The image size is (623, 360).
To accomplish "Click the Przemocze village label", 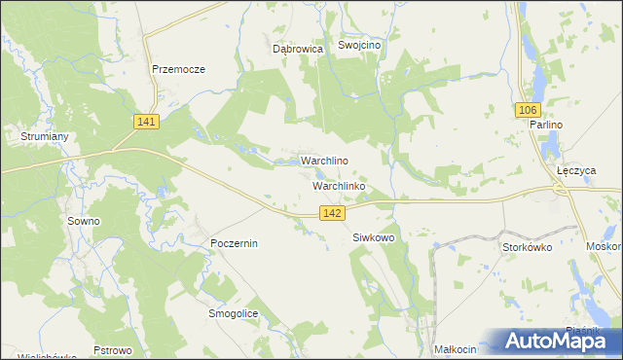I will (x=176, y=69).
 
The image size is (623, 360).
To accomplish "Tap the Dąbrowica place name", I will (x=297, y=47).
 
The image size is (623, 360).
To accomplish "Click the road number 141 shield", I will (x=146, y=121).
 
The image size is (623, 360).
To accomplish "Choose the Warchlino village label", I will (x=324, y=161).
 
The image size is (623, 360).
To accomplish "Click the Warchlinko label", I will (x=338, y=185).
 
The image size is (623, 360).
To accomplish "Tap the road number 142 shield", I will (x=331, y=213).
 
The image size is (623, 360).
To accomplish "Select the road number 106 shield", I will (x=528, y=111).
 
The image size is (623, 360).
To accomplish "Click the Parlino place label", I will (x=547, y=126).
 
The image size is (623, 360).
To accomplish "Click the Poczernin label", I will (x=234, y=243).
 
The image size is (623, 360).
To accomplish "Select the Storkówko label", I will (x=527, y=247).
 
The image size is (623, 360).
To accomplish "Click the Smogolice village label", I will (x=233, y=314).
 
